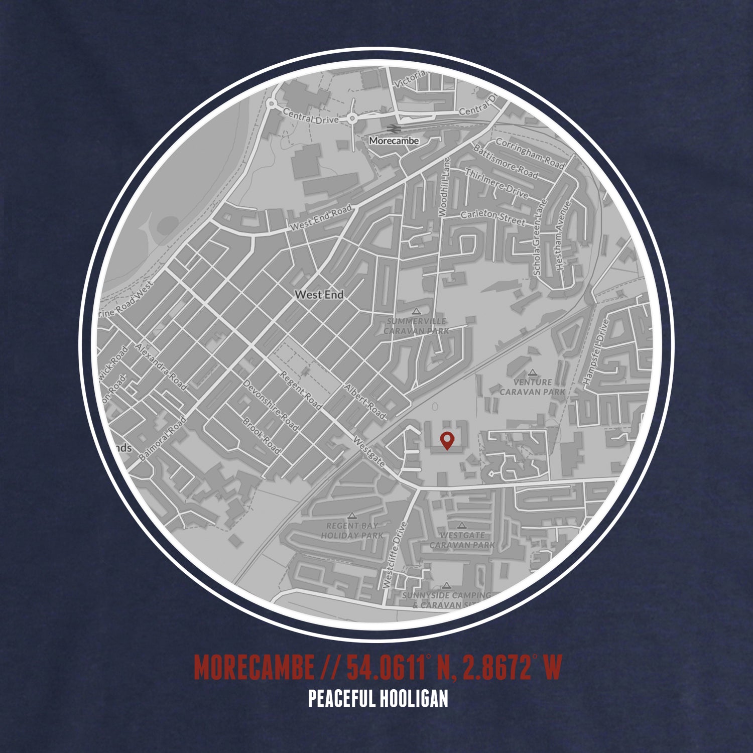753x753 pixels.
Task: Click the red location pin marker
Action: [x=446, y=440]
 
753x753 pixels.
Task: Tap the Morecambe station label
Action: [x=394, y=141]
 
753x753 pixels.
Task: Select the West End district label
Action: [x=319, y=295]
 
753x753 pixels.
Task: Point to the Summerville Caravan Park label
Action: [x=416, y=326]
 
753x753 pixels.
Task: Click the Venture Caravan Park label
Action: [x=532, y=387]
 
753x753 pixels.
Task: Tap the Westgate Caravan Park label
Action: [x=462, y=540]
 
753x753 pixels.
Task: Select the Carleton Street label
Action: [x=493, y=218]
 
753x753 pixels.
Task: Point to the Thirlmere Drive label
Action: [x=496, y=183]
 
